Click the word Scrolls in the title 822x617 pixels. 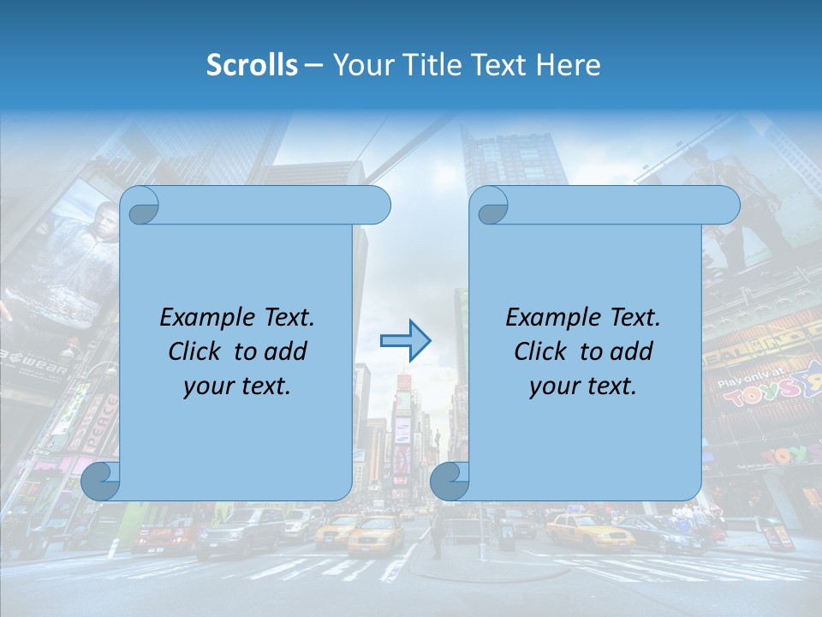point(253,65)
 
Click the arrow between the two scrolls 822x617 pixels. point(405,340)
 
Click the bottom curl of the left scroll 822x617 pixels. point(100,482)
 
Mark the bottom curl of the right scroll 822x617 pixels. point(450,482)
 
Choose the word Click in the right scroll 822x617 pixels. point(539,352)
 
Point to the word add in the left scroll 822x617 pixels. point(286,352)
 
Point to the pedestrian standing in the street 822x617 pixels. point(437,536)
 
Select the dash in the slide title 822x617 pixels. point(313,65)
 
